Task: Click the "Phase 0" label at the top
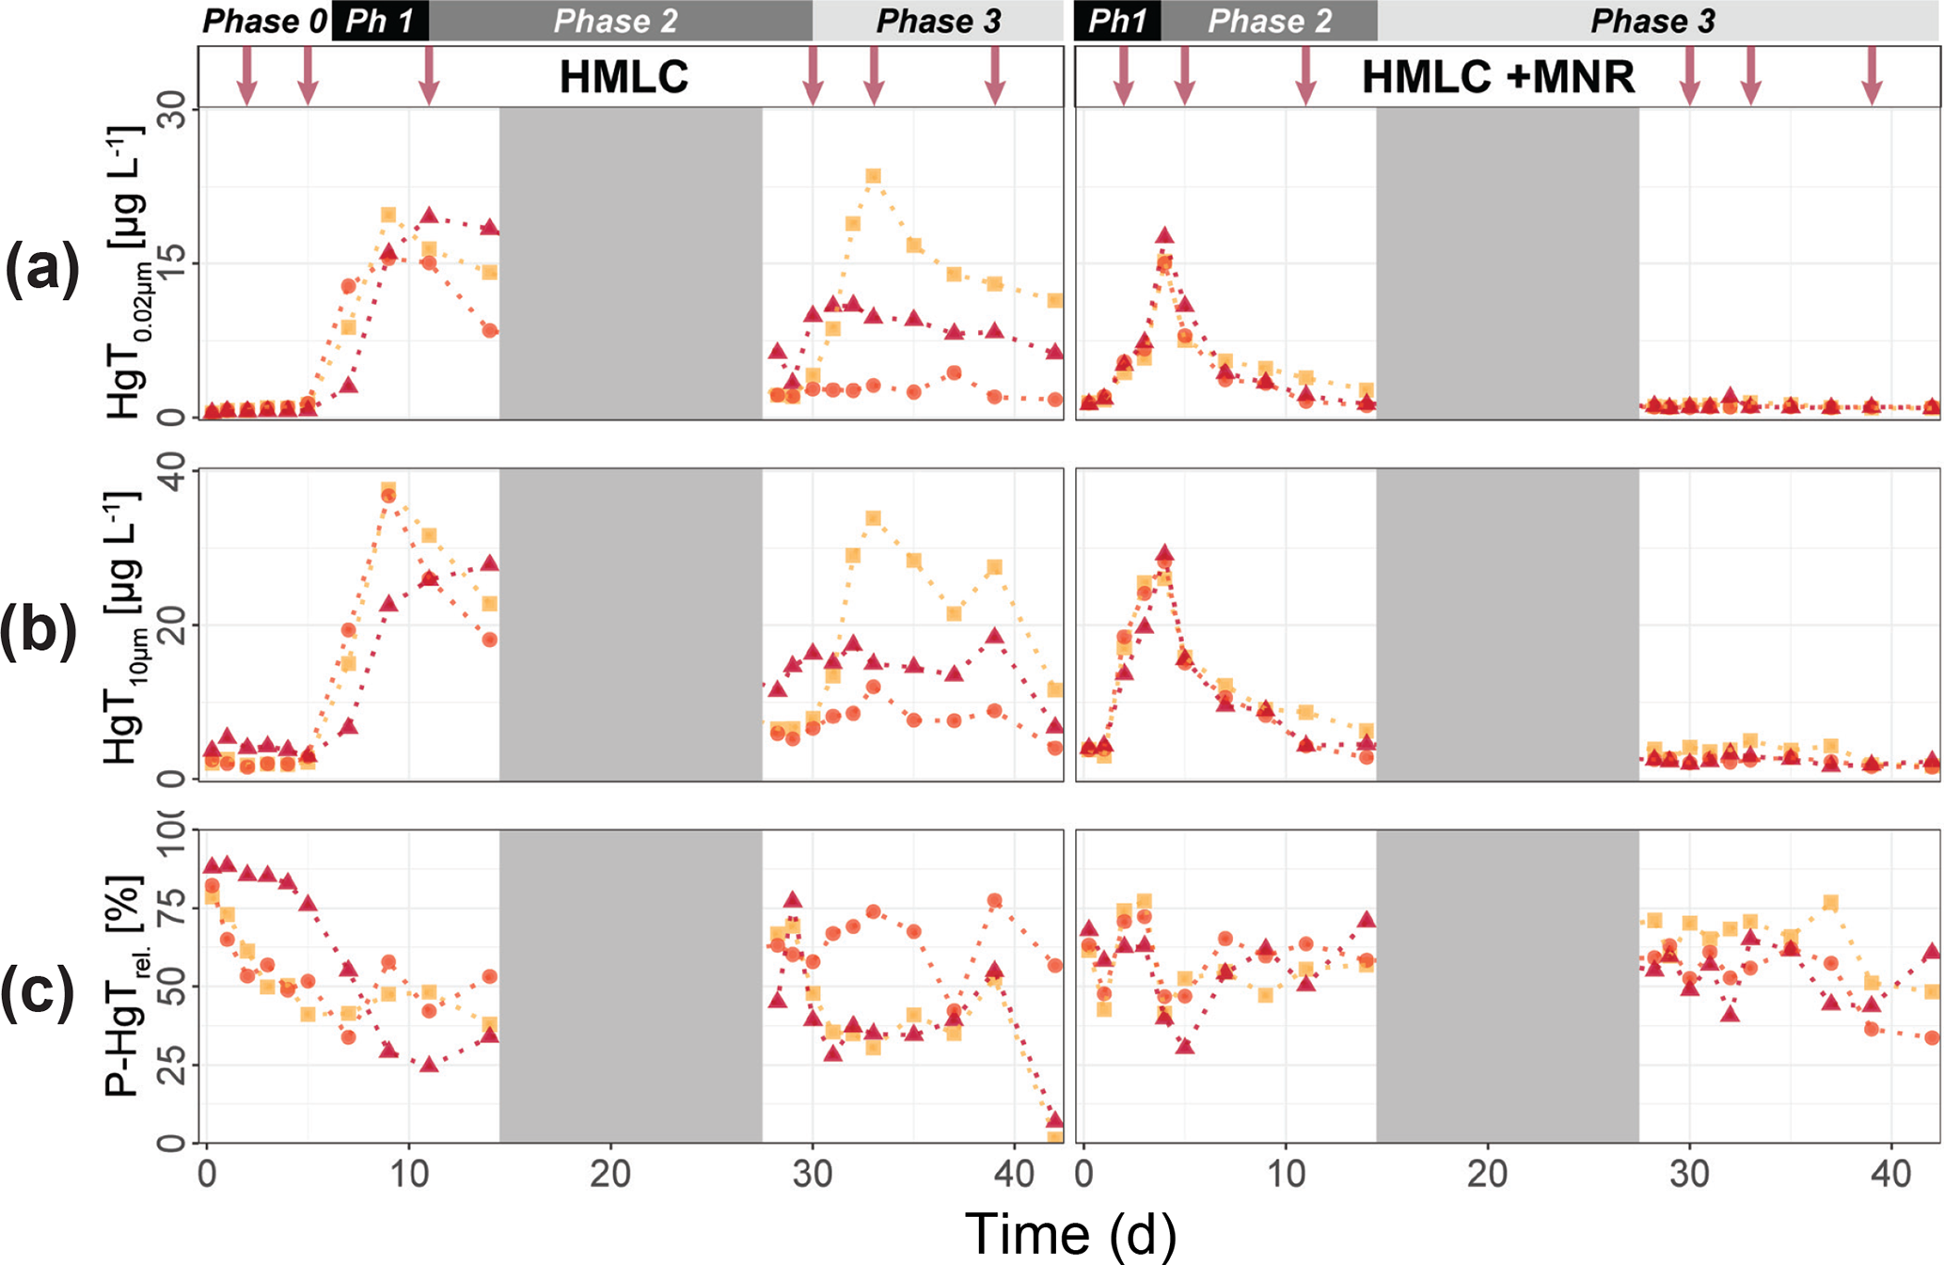pyautogui.click(x=264, y=21)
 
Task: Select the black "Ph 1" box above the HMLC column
pyautogui.click(x=380, y=21)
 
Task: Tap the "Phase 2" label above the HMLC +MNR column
pyautogui.click(x=1269, y=21)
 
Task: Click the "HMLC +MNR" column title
pyautogui.click(x=1497, y=77)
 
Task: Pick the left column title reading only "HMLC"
pyautogui.click(x=624, y=77)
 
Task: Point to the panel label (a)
pyautogui.click(x=41, y=268)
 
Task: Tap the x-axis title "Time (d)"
pyautogui.click(x=1069, y=1233)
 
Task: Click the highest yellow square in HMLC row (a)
pyautogui.click(x=873, y=176)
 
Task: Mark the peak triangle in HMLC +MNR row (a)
pyautogui.click(x=1164, y=235)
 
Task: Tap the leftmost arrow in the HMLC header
pyautogui.click(x=246, y=75)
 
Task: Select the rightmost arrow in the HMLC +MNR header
pyautogui.click(x=1872, y=75)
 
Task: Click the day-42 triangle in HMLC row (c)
pyautogui.click(x=1054, y=1119)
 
